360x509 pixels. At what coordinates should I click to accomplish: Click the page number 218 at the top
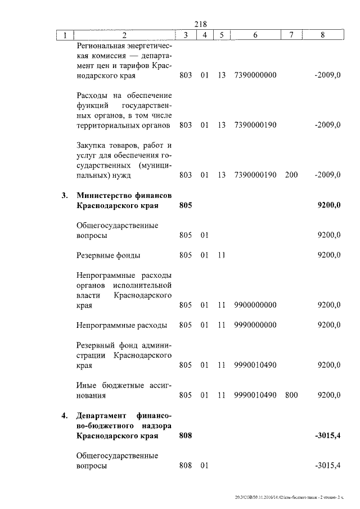point(201,24)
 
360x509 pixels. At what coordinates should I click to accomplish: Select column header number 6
point(255,35)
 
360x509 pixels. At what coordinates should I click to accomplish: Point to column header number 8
point(322,35)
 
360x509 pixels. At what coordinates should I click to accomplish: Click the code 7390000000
point(255,75)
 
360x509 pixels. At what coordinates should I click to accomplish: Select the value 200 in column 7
point(291,175)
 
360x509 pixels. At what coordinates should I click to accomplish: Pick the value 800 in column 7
point(291,395)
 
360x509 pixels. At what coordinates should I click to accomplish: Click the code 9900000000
point(255,305)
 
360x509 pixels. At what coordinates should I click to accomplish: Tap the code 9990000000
point(255,325)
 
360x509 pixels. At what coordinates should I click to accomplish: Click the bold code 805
point(186,206)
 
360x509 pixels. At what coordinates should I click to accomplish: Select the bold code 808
point(186,435)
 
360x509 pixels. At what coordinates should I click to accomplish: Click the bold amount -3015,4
point(327,435)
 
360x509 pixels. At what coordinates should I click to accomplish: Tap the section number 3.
point(65,196)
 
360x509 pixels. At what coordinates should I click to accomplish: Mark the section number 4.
point(65,416)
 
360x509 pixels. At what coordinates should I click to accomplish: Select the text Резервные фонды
point(109,255)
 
